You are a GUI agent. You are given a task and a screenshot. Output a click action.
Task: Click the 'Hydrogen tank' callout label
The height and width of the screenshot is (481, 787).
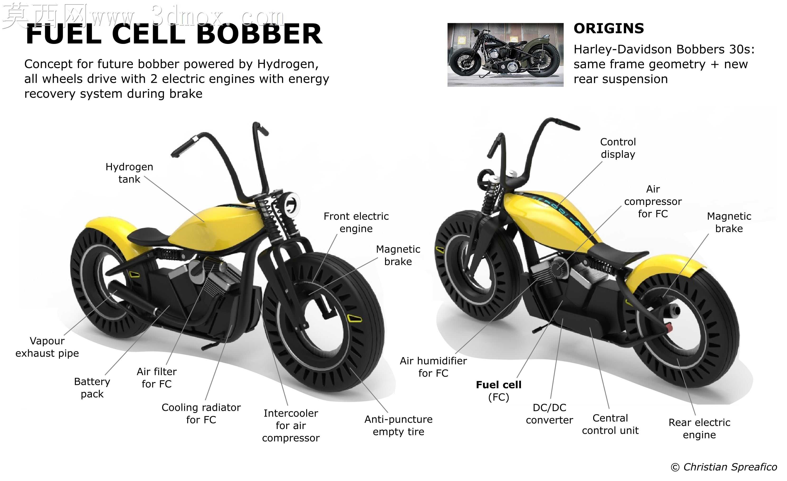coord(129,173)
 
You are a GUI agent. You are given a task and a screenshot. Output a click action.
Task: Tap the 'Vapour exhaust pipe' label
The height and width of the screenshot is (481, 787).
coord(47,347)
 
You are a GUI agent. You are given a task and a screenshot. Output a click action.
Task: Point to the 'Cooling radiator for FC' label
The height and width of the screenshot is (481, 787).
coord(201,413)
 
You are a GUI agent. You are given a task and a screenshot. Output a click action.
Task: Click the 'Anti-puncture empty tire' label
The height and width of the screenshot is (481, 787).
coord(399,425)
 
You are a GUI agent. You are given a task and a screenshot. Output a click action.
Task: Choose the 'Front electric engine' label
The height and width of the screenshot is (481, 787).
coord(356,222)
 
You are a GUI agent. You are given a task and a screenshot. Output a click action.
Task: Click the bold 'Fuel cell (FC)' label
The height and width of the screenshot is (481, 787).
coord(499,391)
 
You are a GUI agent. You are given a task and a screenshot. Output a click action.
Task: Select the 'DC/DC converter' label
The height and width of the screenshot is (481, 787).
coord(549,414)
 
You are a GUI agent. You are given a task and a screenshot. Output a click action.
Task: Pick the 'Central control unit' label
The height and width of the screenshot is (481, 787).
coord(610,424)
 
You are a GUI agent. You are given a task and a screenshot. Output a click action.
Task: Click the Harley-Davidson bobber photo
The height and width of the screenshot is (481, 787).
coord(505,55)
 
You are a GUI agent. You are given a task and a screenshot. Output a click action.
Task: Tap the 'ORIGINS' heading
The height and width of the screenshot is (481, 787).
coord(609,28)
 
